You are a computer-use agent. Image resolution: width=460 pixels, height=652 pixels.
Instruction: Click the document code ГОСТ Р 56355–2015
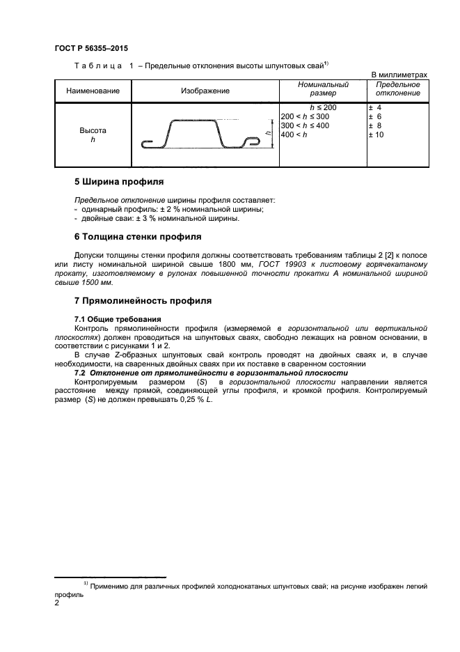pos(90,49)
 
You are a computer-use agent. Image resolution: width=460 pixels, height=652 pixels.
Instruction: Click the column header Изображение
pos(205,91)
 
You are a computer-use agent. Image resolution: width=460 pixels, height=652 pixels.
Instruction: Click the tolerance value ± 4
pos(374,108)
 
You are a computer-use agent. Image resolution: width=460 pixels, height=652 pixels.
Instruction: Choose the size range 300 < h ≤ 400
pos(305,125)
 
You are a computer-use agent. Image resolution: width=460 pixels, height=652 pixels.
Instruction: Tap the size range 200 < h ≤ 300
pos(305,116)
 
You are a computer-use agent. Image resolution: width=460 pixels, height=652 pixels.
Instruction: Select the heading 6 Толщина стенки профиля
pos(138,237)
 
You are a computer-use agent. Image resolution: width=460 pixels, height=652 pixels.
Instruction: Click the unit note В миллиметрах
pos(399,75)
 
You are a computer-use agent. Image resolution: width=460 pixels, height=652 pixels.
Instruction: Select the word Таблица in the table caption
pos(97,65)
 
